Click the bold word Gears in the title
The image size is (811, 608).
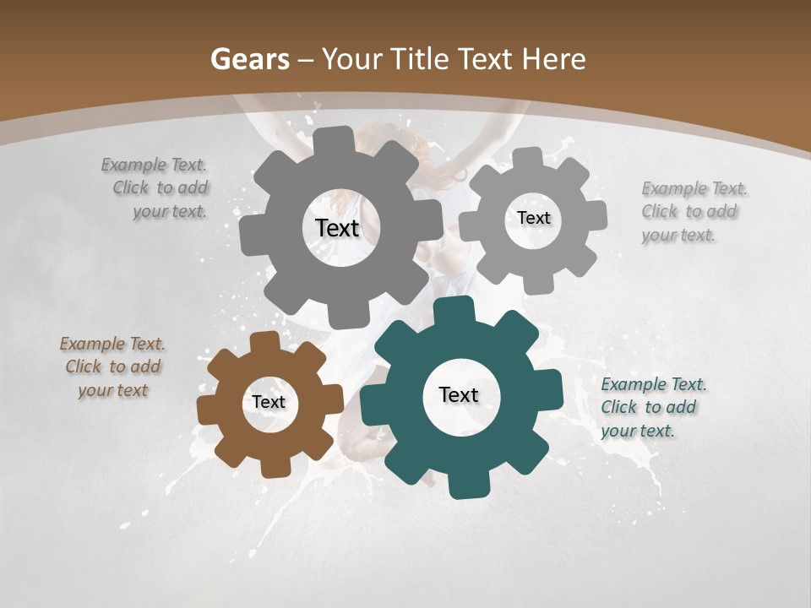click(249, 59)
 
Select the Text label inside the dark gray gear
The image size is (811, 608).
click(337, 228)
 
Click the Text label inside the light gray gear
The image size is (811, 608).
click(533, 218)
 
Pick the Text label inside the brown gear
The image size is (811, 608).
click(268, 403)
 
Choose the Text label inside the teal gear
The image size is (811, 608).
click(459, 395)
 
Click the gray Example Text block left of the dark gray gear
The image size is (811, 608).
click(161, 188)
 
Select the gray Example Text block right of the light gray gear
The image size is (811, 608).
click(693, 212)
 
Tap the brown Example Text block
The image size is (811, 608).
click(112, 367)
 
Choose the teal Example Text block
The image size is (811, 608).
click(652, 407)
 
